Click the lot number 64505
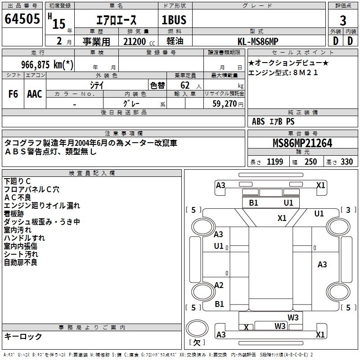click(22, 20)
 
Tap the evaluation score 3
click(343, 20)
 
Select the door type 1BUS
click(174, 20)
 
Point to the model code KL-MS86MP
click(258, 41)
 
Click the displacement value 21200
click(134, 41)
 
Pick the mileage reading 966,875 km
click(47, 64)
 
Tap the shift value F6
click(13, 94)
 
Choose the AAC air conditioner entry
click(35, 94)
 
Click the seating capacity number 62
click(185, 85)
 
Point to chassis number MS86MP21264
click(302, 144)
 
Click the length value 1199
click(275, 162)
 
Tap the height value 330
click(346, 162)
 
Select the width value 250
click(310, 162)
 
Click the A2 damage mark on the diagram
click(219, 285)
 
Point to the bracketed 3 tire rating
click(348, 210)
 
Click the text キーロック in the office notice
click(23, 337)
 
